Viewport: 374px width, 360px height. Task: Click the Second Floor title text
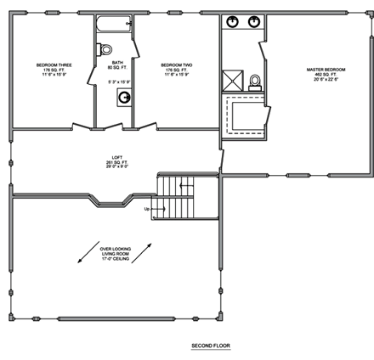(210, 346)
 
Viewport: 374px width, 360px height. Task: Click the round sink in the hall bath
(124, 98)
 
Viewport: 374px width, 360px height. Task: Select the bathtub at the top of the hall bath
(113, 25)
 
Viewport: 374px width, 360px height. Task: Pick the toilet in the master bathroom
(253, 82)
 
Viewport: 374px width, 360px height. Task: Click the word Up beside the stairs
(148, 208)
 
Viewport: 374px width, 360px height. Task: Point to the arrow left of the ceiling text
(85, 253)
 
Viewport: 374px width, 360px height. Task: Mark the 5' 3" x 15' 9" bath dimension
(119, 82)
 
